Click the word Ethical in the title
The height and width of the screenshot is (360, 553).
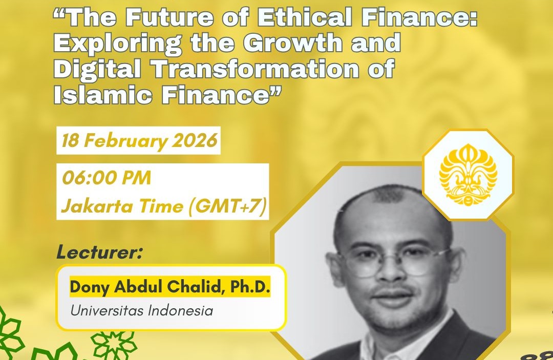coord(304,17)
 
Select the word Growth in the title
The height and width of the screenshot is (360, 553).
coord(292,43)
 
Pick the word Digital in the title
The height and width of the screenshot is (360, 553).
coord(97,69)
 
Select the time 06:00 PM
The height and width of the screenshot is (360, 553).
coord(106,177)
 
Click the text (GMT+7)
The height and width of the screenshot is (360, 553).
coord(227,206)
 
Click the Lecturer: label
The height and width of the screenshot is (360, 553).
coord(99,252)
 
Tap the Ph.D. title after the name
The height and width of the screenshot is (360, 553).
coord(250,287)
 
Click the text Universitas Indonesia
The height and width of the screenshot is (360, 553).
coord(141,311)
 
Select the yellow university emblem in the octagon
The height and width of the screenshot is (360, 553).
coord(468,175)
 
